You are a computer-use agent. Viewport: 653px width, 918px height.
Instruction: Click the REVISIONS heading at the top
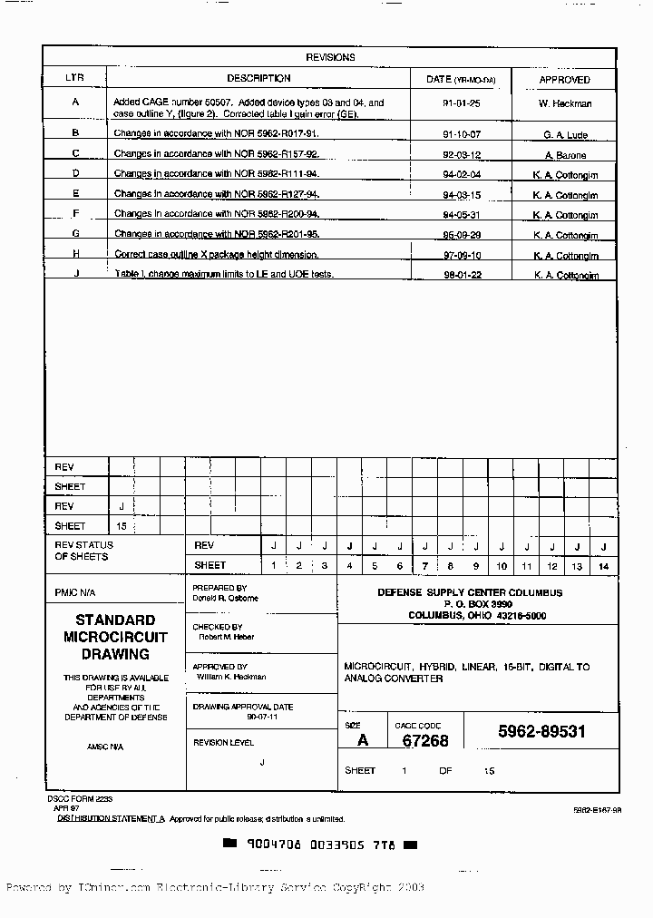330,57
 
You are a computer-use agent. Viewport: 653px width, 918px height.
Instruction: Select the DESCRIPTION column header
258,79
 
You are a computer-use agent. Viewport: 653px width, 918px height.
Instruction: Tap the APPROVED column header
564,80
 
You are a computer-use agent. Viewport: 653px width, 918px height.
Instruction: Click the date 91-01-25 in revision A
461,103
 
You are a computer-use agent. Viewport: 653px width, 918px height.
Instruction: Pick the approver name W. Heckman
564,103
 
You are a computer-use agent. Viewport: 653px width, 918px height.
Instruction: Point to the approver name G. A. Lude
565,135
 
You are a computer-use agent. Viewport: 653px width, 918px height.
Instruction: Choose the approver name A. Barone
565,155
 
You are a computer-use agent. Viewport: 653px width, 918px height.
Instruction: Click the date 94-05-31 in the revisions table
461,215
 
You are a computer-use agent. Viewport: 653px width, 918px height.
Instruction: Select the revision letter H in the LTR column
76,253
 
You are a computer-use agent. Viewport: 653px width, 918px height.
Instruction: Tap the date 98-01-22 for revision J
461,275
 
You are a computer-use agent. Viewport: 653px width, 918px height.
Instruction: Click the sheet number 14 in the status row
603,566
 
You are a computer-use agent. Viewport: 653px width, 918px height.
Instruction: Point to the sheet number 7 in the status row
424,566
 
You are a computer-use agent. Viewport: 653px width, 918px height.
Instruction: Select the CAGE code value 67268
425,740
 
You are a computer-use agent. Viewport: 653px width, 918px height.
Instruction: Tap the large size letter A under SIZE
363,740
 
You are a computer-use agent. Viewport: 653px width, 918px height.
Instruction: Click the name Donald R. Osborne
225,599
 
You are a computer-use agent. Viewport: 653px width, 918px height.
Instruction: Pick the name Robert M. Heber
226,637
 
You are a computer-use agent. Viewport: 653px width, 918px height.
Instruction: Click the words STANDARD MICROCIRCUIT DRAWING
115,637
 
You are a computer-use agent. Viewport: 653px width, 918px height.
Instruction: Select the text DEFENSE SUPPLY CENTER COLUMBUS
470,592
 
